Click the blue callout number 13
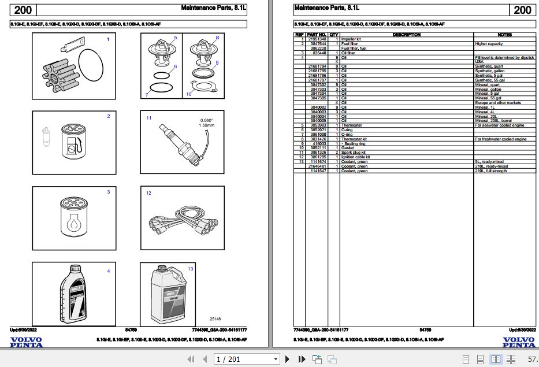(190, 269)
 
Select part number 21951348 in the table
(317, 39)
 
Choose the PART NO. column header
(317, 35)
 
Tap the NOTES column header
(504, 35)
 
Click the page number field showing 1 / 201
(246, 359)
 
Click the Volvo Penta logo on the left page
(26, 342)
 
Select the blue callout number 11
(148, 118)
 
